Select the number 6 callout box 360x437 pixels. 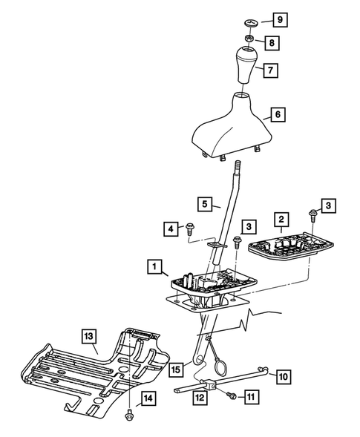point(278,115)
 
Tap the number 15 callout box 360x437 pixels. point(176,368)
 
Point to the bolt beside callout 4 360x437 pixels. point(190,229)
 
